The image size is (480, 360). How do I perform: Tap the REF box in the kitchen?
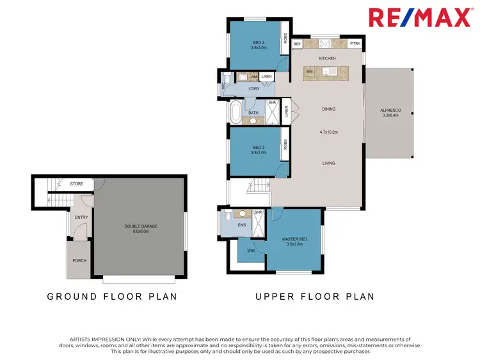coord(297,44)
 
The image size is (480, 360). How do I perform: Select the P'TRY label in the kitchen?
coord(355,44)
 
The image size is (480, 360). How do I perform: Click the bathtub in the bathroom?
coord(236,113)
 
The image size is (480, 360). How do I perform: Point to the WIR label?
coord(243,251)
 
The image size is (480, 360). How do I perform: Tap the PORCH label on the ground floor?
coord(79,260)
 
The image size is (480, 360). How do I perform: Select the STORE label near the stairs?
coord(77,184)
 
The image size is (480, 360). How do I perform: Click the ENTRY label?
coord(81,217)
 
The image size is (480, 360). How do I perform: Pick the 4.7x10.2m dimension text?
coord(328,132)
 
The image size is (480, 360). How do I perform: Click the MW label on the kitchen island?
coord(309,72)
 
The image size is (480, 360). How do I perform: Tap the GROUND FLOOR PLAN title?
coord(113,297)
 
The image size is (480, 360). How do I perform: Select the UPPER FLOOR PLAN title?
coord(314,297)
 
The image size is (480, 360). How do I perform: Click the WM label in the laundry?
coord(254,76)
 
